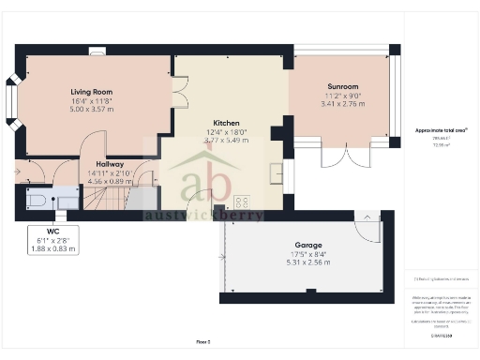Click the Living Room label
point(92,91)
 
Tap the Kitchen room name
point(228,123)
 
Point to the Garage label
point(302,245)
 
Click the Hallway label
point(109,163)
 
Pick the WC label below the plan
point(39,230)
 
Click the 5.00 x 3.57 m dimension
point(92,108)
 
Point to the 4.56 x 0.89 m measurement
point(109,180)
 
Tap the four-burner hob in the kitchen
point(242,202)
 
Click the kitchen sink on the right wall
point(277,172)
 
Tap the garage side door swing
point(368,224)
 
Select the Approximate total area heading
point(440,130)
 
